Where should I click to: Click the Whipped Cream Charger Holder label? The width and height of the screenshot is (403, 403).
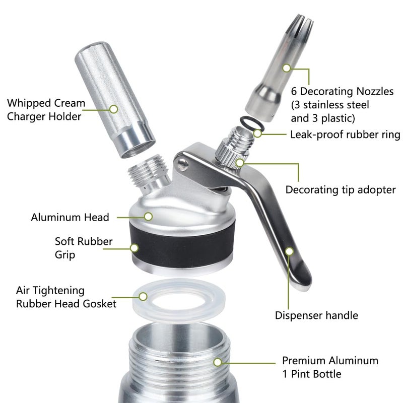44,109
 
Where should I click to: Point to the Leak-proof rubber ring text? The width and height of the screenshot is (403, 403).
345,135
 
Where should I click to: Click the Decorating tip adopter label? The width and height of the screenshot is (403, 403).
341,190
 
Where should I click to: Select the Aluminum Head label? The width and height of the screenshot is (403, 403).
70,217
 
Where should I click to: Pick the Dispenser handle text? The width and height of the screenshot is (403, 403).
316,315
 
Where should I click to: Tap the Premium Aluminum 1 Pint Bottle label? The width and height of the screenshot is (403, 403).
330,367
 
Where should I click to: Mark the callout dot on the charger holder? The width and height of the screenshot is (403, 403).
114,108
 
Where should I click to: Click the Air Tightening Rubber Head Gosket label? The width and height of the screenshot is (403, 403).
66,297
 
